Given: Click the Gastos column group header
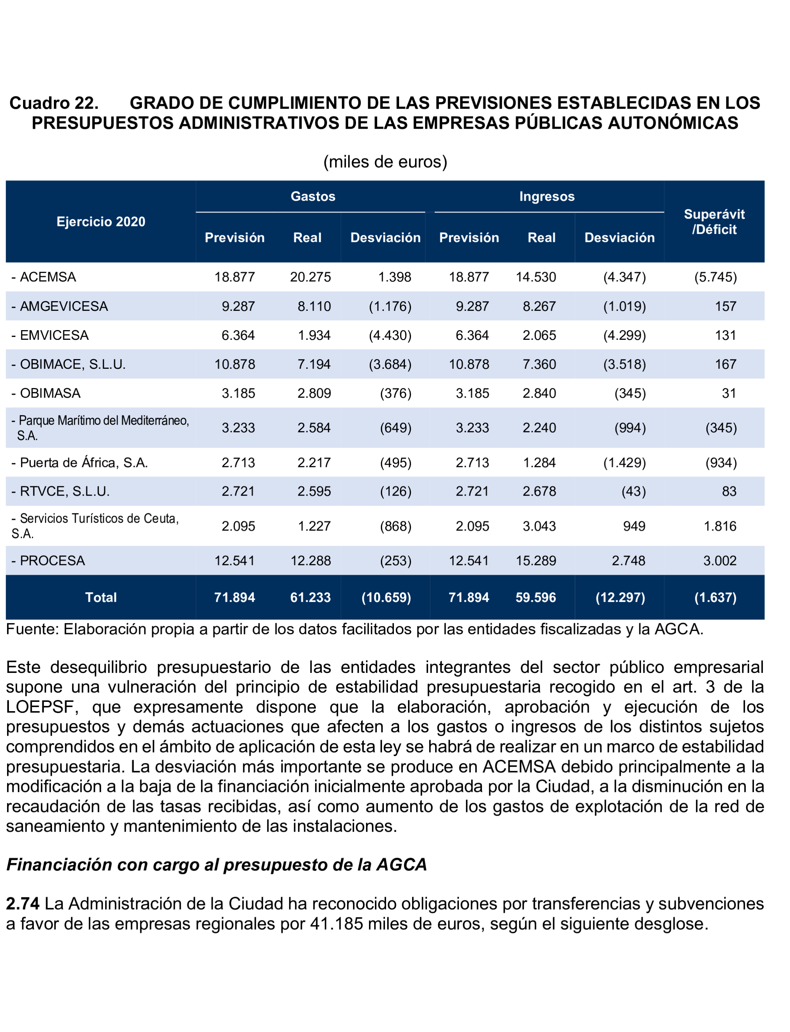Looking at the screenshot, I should pos(313,196).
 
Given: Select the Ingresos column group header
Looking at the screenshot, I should pos(547,196).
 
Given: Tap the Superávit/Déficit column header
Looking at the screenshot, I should pos(714,222).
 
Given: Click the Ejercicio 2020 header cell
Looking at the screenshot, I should pos(101,222).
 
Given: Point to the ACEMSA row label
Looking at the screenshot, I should pos(47,277).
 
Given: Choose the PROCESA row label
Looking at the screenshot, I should pos(52,561).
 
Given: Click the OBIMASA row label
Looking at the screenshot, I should pos(49,393).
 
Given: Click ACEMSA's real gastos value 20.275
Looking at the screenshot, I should pos(310,277).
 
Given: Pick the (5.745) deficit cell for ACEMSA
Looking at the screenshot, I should pos(715,277).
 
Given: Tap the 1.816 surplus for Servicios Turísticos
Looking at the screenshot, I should pos(719,526).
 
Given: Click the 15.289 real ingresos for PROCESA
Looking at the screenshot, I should pos(536,561).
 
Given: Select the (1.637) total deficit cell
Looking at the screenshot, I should pos(715,598).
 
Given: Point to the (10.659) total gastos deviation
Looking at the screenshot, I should pos(386,598).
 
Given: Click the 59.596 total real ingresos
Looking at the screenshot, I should pos(536,598).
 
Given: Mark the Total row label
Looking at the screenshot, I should pos(101,598).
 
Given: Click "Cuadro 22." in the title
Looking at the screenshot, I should pos(54,103).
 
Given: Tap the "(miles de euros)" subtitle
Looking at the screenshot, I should pos(385,162).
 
